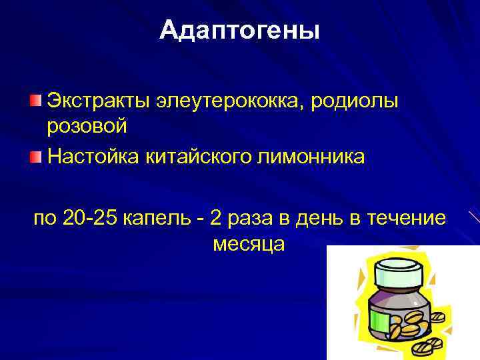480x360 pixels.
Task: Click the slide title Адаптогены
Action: (240, 31)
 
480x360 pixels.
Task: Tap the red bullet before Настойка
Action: (35, 157)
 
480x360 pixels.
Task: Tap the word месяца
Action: (249, 243)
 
